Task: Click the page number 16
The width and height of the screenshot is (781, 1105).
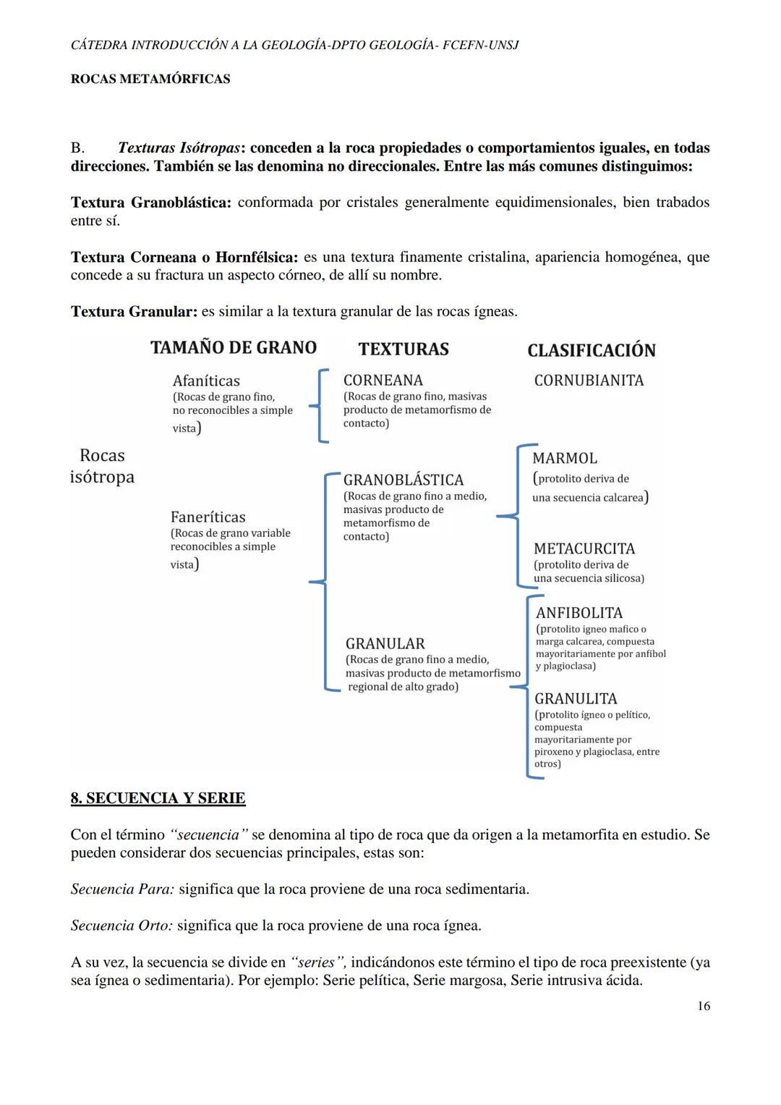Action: pos(704,1006)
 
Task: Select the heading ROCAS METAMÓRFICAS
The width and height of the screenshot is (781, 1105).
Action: pos(150,79)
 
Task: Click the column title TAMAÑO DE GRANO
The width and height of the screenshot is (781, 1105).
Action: pos(234,348)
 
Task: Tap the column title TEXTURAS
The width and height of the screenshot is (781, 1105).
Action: pos(403,350)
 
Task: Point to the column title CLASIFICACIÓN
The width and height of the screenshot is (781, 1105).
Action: pos(591,351)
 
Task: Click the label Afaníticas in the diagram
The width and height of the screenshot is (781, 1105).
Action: pos(206,381)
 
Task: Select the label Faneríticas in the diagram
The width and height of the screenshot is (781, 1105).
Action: pos(208,517)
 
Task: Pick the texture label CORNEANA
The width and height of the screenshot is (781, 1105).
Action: pos(383,380)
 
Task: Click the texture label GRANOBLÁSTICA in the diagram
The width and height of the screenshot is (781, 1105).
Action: pos(403,480)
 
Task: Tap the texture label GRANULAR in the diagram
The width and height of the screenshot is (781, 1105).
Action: pos(385,643)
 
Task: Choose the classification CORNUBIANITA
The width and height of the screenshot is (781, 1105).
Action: pos(589,381)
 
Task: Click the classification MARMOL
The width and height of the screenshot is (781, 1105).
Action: pos(565,458)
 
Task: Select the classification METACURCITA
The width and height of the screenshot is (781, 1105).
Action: pos(584,549)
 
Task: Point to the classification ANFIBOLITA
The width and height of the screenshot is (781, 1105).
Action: pos(579,613)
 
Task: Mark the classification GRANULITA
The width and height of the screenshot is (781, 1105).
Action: pos(576,698)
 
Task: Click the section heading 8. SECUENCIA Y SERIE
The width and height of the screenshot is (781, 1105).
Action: pos(158,798)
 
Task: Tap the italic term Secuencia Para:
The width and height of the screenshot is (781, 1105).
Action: pos(122,889)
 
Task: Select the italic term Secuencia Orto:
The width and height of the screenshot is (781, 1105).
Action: pos(121,926)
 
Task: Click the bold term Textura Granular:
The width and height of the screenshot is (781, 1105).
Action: pos(134,312)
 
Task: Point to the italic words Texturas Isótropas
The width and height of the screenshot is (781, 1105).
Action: pos(179,148)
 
